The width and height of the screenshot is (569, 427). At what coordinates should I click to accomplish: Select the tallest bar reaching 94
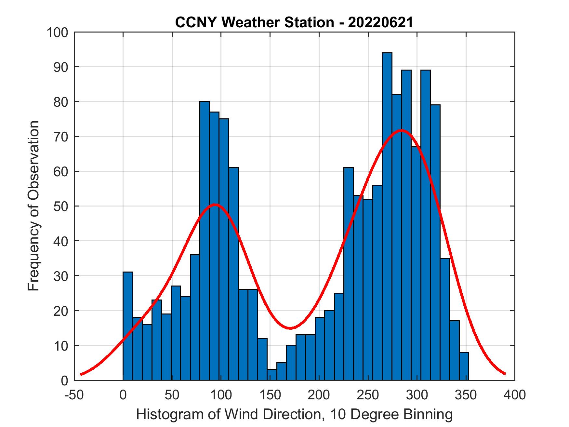click(x=387, y=215)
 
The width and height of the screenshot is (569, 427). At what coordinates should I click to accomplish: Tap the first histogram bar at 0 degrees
click(x=128, y=325)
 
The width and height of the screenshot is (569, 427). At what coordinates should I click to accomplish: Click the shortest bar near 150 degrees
click(x=272, y=375)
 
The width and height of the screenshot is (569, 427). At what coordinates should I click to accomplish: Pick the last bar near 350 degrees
click(x=464, y=366)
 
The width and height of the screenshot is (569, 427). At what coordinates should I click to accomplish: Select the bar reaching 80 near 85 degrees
click(x=205, y=241)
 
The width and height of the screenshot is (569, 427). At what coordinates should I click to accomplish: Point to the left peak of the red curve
click(x=215, y=205)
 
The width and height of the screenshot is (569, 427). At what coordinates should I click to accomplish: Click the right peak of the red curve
click(x=402, y=130)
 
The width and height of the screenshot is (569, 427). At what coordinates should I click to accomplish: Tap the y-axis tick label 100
click(x=58, y=33)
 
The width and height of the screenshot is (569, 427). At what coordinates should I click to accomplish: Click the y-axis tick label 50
click(x=61, y=207)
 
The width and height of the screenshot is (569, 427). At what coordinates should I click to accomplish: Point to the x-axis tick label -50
click(x=74, y=395)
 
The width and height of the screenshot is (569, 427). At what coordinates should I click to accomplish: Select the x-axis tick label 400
click(x=515, y=395)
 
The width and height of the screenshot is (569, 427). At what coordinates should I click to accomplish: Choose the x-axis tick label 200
click(x=319, y=395)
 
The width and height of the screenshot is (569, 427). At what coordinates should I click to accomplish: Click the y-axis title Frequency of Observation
click(x=33, y=206)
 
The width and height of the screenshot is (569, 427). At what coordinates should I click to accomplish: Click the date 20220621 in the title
click(x=380, y=23)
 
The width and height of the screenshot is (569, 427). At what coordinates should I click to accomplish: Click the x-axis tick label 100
click(x=221, y=395)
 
